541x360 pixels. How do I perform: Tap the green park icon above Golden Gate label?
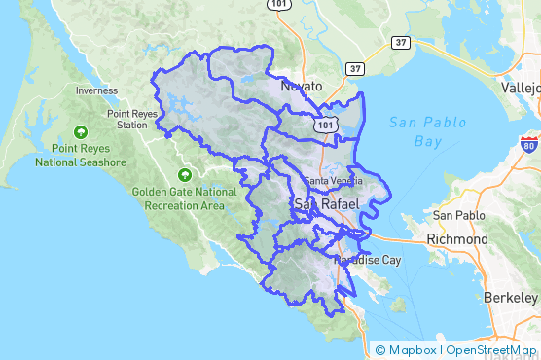[x=184, y=175]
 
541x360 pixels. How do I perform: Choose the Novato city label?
[x=301, y=86]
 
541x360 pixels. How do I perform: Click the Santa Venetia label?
[x=332, y=182]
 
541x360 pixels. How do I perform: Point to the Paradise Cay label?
[x=367, y=261]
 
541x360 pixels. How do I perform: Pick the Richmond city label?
[x=457, y=238]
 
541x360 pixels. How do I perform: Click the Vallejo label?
[x=520, y=86]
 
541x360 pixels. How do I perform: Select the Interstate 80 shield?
[x=528, y=146]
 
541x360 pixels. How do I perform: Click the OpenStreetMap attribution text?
[x=490, y=349]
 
